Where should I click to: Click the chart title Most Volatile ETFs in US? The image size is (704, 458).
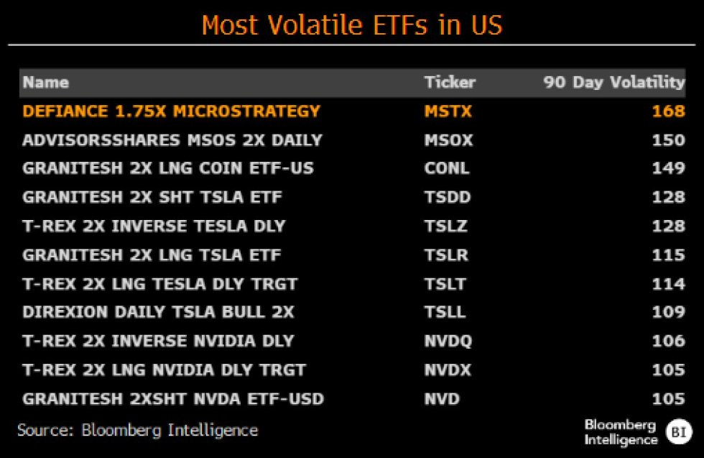click(x=352, y=24)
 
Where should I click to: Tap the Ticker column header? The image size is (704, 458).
click(x=450, y=82)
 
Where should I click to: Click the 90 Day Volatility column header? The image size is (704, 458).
click(x=614, y=82)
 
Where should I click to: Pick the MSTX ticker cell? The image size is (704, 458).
click(x=449, y=111)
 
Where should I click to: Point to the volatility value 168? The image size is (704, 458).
click(x=668, y=111)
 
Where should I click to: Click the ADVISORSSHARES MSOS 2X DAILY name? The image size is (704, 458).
click(x=172, y=140)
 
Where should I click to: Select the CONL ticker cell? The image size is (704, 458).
click(x=447, y=169)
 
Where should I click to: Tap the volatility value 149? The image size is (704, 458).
click(x=668, y=169)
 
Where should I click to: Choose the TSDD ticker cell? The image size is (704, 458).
click(x=447, y=198)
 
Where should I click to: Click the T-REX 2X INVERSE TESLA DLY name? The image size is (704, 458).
click(x=154, y=226)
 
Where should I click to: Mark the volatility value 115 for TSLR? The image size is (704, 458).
click(x=668, y=255)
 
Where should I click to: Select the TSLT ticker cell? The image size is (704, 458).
click(x=445, y=284)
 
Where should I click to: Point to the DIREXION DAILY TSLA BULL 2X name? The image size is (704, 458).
click(x=158, y=313)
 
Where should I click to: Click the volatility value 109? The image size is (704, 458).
click(x=668, y=313)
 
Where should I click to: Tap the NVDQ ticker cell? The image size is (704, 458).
click(x=448, y=342)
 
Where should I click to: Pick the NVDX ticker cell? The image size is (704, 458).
click(x=448, y=370)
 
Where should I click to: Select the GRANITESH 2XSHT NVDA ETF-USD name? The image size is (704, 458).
click(x=173, y=399)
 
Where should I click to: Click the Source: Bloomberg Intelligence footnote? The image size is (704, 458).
click(x=137, y=431)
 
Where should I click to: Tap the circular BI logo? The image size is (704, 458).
click(x=678, y=431)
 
